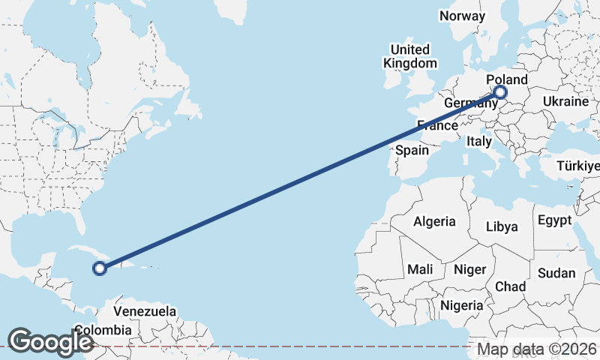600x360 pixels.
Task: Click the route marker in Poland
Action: coord(500,93)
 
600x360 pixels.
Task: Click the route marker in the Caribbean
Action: coord(99,267)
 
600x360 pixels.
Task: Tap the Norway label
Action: coord(462,16)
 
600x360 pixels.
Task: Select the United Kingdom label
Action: coord(409,56)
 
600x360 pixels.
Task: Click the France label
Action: coord(437,124)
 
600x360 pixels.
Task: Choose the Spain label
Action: coord(412,150)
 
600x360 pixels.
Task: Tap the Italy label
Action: coord(478,141)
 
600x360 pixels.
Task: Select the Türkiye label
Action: coord(578,165)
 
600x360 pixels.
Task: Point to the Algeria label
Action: coord(434,221)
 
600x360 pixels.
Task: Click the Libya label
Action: coord(502,226)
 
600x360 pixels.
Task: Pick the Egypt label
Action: coord(554,220)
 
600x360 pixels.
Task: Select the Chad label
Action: coord(510,286)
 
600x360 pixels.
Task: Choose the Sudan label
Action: coord(556,273)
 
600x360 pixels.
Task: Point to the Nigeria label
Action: coord(461,305)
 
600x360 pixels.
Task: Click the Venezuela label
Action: coord(145,311)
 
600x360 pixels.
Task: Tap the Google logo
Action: coord(50,341)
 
